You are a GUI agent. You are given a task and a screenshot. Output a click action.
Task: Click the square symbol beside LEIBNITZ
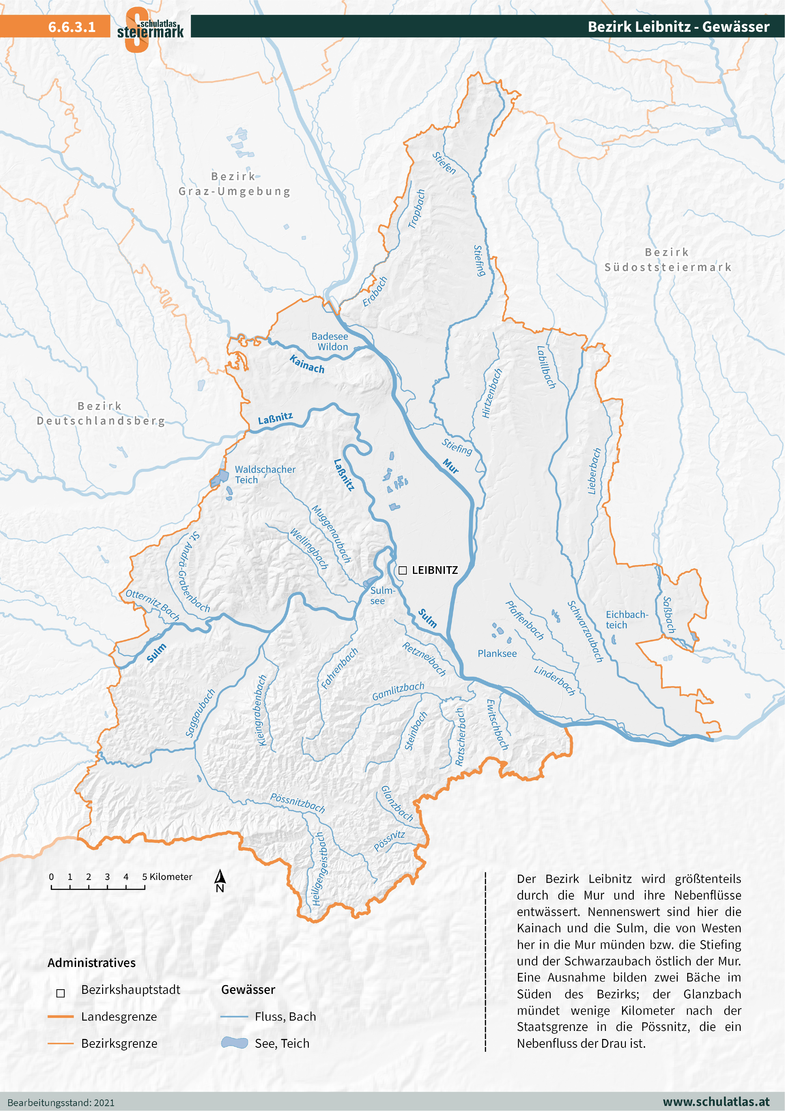402,571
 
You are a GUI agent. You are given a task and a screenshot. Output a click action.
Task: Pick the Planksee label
497,654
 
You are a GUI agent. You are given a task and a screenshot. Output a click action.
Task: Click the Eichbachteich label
626,620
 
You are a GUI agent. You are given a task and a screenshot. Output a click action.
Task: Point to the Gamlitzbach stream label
398,691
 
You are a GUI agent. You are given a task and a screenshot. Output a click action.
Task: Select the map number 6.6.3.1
72,27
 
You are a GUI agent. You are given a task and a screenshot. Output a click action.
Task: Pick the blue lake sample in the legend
234,1043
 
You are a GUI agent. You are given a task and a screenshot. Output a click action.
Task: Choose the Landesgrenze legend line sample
60,1017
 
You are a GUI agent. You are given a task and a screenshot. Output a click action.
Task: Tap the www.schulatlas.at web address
715,1102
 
